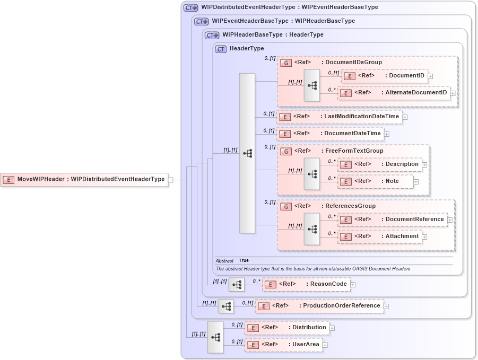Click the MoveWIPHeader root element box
(x=84, y=179)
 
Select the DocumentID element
(x=384, y=76)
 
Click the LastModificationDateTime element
(x=339, y=117)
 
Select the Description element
(x=380, y=164)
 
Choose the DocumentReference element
(x=392, y=219)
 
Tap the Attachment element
(x=380, y=236)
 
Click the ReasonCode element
(x=306, y=284)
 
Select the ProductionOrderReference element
(x=319, y=306)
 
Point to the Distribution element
(x=286, y=328)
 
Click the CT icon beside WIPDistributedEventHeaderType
(x=190, y=8)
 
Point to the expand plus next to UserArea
(x=325, y=345)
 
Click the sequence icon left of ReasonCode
(x=237, y=285)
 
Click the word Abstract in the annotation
(x=224, y=261)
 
